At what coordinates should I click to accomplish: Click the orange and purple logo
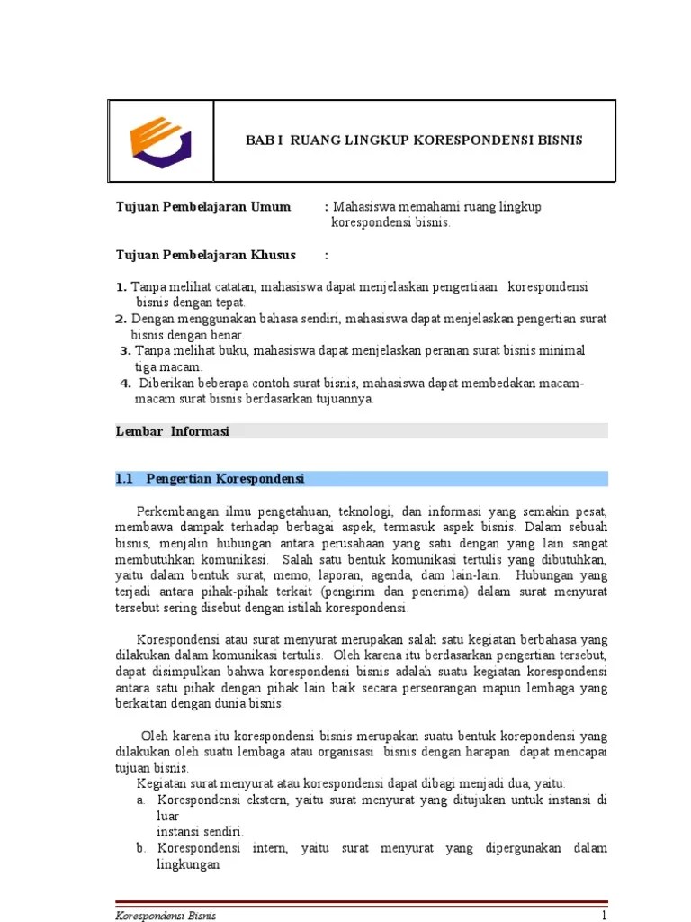point(160,141)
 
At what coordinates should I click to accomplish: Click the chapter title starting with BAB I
point(415,140)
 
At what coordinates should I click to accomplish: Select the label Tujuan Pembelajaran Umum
point(203,207)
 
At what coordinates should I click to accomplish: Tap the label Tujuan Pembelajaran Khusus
point(205,255)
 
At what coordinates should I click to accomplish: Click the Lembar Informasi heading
point(173,431)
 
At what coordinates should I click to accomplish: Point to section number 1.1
point(124,478)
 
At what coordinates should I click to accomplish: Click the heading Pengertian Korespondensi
point(226,478)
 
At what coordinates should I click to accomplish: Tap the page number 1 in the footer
point(605,916)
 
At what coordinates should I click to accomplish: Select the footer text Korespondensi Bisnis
point(166,916)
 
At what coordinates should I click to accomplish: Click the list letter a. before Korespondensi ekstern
point(141,800)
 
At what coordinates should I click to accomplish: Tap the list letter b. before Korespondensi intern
point(141,848)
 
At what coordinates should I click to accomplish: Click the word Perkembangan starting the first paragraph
point(177,511)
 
